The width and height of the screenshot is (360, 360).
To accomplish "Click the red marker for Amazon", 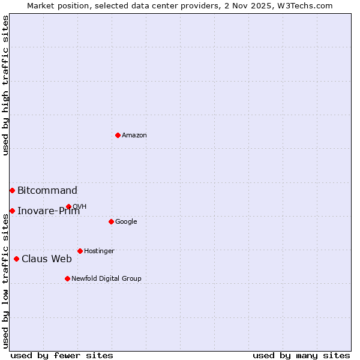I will tap(118, 135).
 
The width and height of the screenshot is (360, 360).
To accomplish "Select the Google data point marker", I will tap(111, 221).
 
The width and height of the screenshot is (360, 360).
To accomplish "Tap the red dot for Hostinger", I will tap(80, 251).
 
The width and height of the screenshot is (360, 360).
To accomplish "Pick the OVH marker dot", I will tap(68, 206).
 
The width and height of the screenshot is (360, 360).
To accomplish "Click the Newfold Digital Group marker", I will tap(67, 278).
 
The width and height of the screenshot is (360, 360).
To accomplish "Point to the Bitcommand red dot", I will tap(12, 190).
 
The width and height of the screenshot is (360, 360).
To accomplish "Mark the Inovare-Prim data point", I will tap(12, 211).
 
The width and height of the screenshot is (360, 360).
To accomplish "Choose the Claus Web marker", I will tap(16, 259).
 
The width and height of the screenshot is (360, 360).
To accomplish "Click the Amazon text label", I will tap(134, 136).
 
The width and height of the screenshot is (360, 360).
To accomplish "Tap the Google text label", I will tap(126, 222).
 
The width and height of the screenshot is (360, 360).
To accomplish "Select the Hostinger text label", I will tap(99, 251).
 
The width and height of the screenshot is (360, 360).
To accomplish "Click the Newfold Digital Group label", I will tap(106, 279).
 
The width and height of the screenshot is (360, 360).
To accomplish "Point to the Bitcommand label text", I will tap(47, 191).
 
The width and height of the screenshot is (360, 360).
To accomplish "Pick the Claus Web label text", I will tap(47, 259).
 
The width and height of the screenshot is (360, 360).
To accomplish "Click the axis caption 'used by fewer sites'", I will tap(62, 355).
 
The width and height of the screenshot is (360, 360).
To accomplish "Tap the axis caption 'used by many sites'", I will tap(301, 355).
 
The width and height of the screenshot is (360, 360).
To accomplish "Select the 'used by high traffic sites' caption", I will tap(5, 85).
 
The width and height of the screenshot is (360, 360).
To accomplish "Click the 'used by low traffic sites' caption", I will tap(5, 281).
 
